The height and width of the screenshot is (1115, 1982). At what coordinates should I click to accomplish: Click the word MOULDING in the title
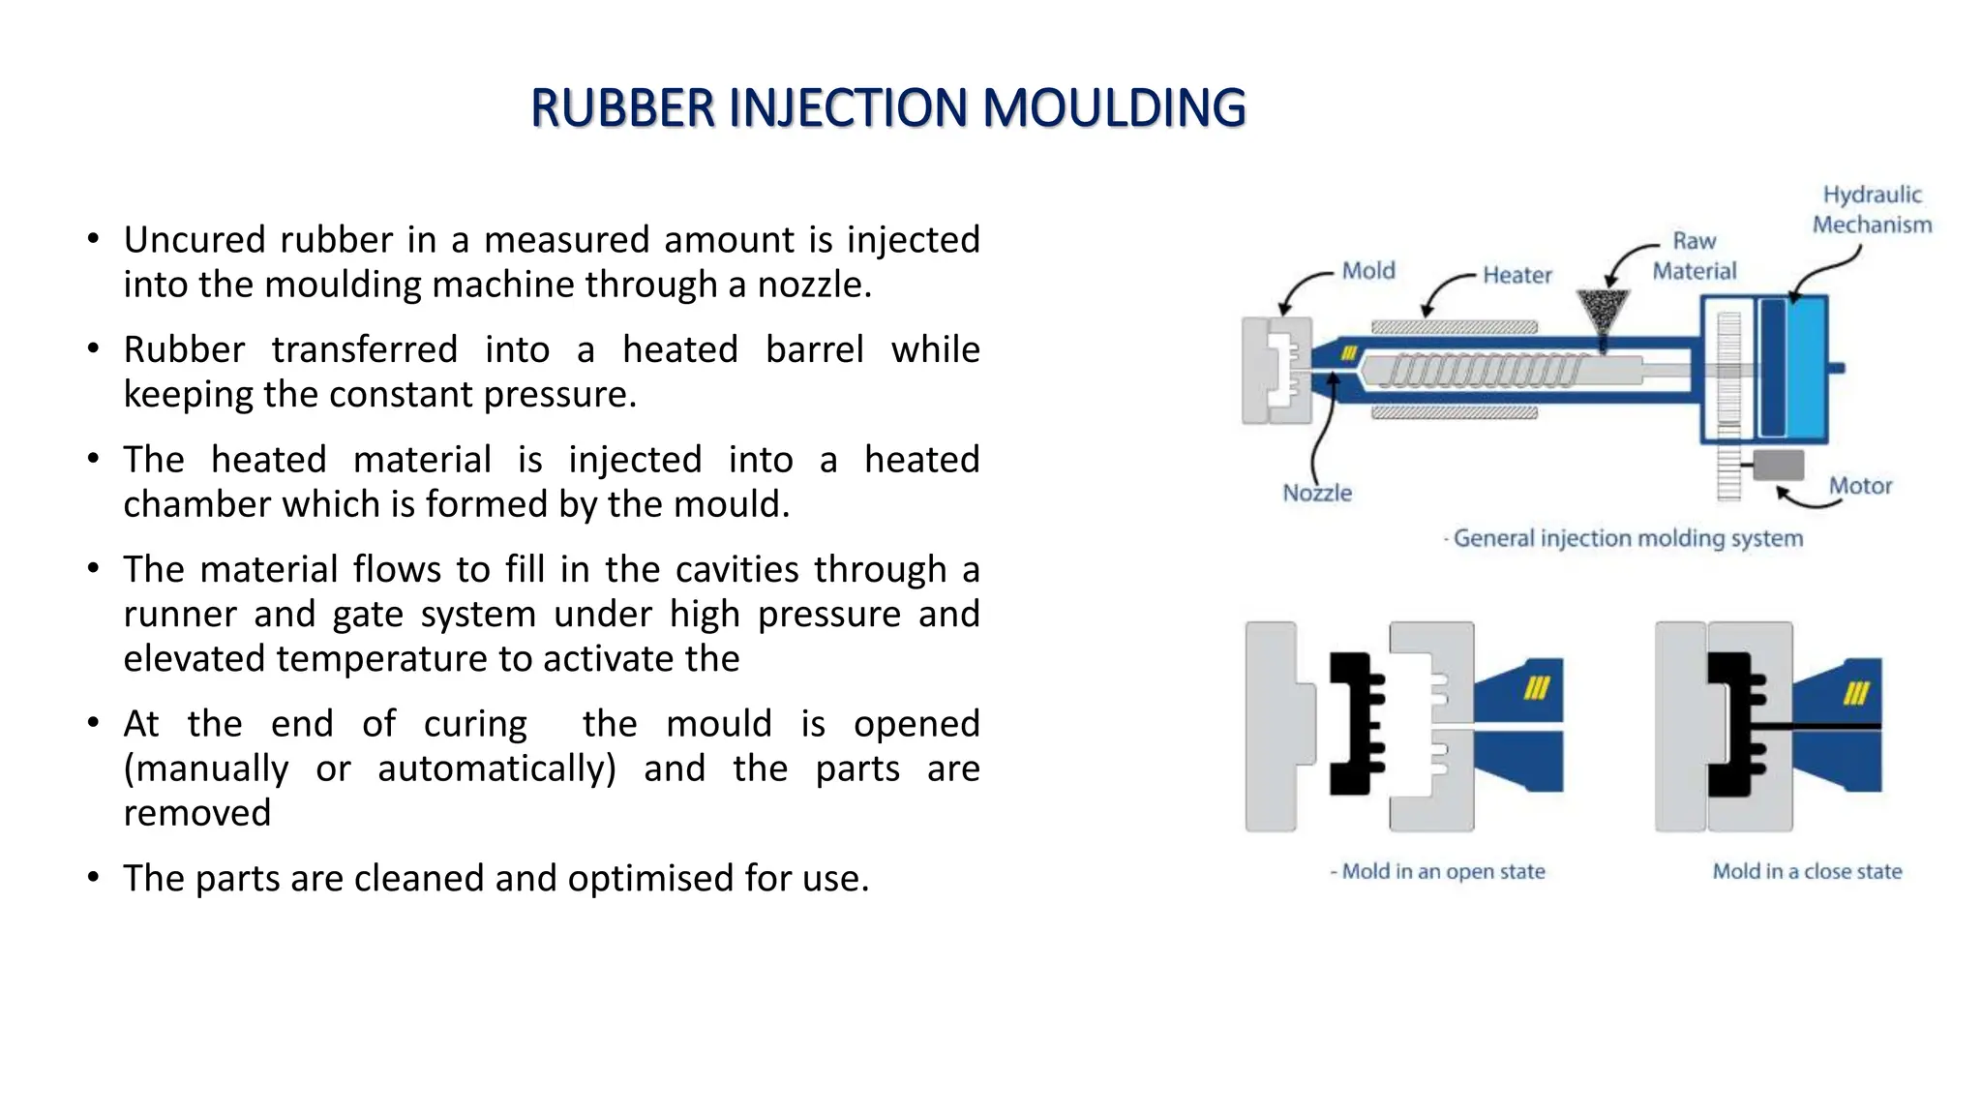[x=1113, y=107]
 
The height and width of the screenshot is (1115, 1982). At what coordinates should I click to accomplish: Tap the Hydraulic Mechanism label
[x=1872, y=209]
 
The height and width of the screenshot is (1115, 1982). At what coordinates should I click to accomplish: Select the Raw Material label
[x=1694, y=256]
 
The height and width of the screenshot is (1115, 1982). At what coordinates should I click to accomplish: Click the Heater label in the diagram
[x=1517, y=275]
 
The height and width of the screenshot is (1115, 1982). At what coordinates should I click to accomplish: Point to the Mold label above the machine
[x=1368, y=270]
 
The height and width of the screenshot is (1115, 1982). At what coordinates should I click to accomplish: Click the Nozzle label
[x=1316, y=493]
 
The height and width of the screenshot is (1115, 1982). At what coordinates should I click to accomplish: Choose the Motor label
[x=1859, y=486]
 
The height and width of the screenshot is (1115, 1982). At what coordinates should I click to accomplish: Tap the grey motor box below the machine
[x=1779, y=465]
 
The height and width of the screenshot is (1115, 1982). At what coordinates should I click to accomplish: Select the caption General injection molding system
[x=1628, y=538]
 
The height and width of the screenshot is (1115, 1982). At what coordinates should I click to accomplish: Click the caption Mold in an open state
[x=1442, y=871]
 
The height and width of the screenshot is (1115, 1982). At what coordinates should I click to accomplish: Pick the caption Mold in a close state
[x=1807, y=871]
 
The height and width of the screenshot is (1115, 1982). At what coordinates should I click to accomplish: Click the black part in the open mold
[x=1353, y=724]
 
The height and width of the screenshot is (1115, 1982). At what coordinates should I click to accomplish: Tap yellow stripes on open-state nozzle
[x=1537, y=688]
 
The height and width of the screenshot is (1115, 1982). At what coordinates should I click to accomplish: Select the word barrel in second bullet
[x=814, y=349]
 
